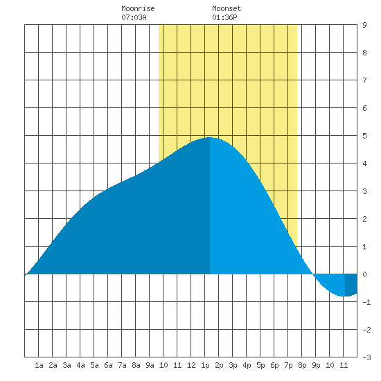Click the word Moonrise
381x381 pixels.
coord(138,8)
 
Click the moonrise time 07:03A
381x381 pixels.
coord(134,17)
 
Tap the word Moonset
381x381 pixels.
coord(227,8)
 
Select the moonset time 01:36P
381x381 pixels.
coord(224,17)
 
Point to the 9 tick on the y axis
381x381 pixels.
coord(364,25)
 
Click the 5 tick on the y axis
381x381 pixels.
coord(364,136)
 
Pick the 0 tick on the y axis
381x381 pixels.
coord(364,274)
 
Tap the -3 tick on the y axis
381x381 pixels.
coord(366,357)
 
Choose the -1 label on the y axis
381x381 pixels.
coord(366,302)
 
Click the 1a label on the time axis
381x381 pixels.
coord(39,365)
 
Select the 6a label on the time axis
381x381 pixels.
coord(108,365)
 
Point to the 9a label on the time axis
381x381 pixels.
coord(150,365)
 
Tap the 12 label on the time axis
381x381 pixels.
coord(191,365)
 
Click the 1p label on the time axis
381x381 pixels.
coord(205,365)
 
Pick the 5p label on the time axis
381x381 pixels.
coord(260,365)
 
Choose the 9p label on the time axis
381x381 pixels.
coord(316,365)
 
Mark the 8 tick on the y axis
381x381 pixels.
coord(364,53)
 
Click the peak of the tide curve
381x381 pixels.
coord(209,138)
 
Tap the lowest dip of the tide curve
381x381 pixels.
coord(344,296)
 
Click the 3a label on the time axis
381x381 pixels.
coord(67,365)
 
